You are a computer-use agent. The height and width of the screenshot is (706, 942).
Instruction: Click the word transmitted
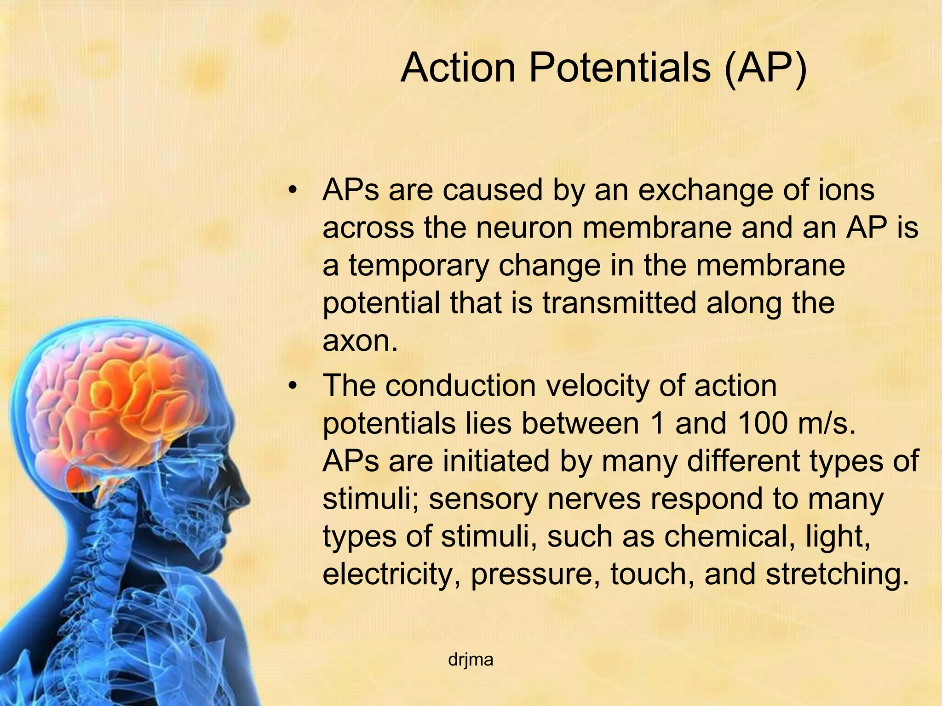point(619,303)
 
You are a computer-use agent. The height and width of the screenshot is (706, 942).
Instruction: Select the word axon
point(359,341)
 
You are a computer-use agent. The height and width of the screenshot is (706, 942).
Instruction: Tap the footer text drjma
point(471,660)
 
